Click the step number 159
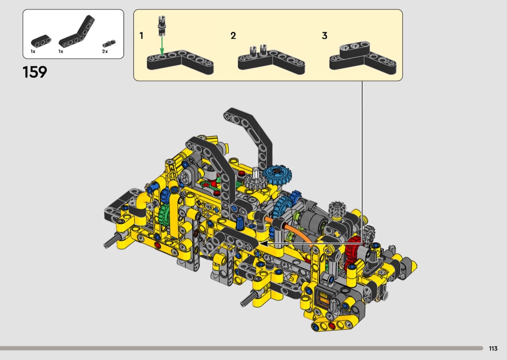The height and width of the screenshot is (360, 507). pos(35,72)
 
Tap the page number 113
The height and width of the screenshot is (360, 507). pos(493,348)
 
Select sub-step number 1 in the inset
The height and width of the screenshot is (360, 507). pos(141,36)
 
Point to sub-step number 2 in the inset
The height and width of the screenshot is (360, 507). pos(233,36)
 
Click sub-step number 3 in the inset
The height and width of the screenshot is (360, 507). pos(324,36)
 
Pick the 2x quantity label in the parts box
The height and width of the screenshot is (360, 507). pos(105,51)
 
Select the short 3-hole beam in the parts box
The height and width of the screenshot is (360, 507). pos(41,42)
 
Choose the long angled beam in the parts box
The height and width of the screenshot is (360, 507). pos(77,32)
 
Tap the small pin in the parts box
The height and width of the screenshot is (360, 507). pos(109,43)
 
